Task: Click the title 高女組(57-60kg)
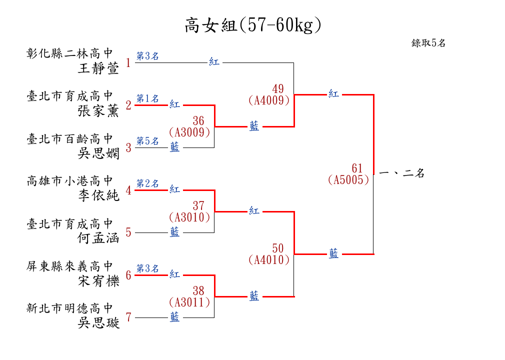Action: (252, 25)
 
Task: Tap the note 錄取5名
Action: (428, 43)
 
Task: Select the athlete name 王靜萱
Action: (99, 68)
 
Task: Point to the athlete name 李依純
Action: (99, 195)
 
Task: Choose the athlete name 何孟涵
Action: (99, 238)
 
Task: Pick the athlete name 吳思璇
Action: (99, 323)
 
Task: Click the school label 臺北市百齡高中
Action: (70, 138)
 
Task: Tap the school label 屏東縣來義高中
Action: (70, 266)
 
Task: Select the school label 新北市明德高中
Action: (70, 308)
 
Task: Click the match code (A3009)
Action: (189, 132)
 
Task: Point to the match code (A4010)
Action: (269, 260)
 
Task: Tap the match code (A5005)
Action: (349, 180)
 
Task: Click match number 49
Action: (278, 89)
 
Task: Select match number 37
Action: (198, 205)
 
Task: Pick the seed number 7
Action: (128, 317)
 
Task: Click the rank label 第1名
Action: (147, 98)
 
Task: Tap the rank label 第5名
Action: (147, 141)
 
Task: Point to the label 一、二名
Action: (402, 174)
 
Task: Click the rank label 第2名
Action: (147, 183)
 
